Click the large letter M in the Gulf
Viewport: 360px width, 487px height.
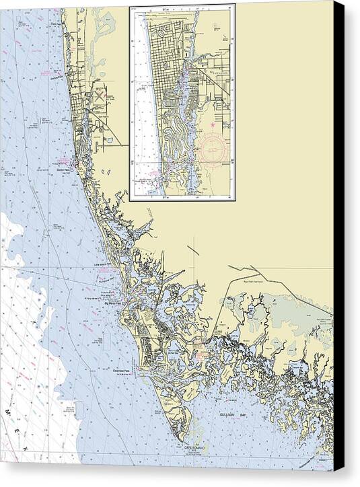[9, 410]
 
